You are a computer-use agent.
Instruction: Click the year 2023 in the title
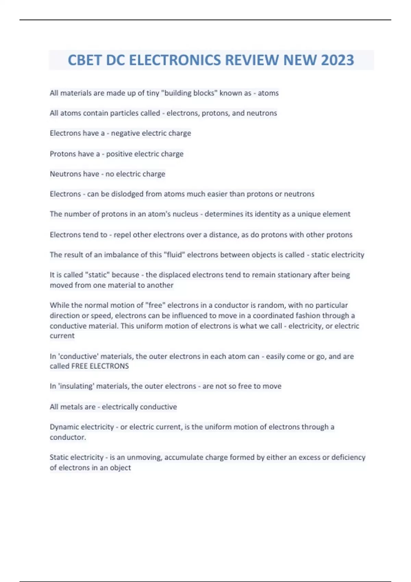tap(337, 60)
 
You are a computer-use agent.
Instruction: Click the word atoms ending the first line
tap(268, 93)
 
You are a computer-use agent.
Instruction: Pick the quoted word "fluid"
tap(174, 255)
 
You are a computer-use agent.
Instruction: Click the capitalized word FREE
tap(79, 366)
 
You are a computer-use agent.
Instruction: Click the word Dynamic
tap(65, 427)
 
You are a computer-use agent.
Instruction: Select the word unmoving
tap(144, 457)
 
